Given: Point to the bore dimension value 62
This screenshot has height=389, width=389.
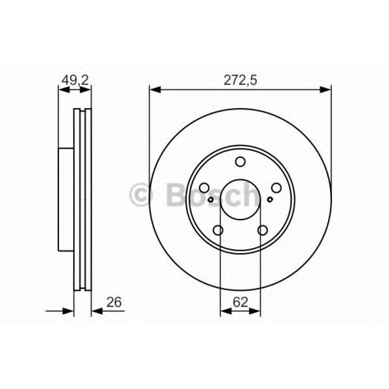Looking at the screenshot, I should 241,303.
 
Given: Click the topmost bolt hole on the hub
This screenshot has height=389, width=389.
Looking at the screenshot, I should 240,163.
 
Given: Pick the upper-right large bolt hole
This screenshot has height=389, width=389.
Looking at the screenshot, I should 276,188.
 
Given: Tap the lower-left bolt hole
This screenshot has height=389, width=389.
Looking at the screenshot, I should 218,230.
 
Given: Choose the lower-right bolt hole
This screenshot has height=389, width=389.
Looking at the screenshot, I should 262,230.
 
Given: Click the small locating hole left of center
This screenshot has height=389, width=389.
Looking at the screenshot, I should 211,199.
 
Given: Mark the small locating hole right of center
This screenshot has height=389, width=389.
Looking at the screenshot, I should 270,199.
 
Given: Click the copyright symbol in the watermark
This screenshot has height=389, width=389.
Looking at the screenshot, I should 142,195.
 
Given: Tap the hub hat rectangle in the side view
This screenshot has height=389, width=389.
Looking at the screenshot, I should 66,199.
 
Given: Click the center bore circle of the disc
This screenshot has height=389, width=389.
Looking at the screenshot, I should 240,200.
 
